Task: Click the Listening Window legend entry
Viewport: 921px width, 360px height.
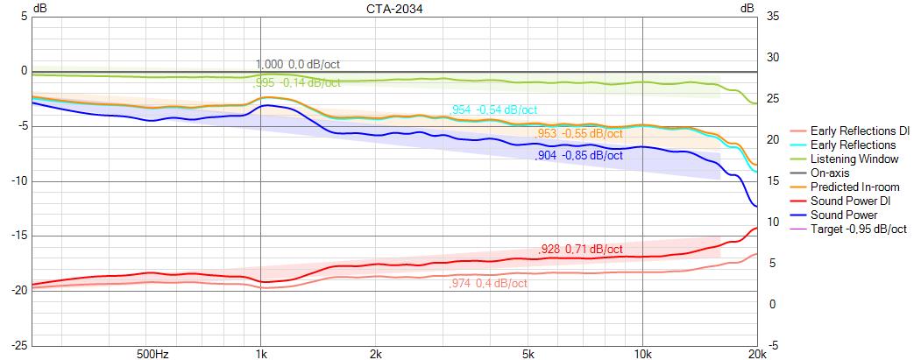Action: pos(854,159)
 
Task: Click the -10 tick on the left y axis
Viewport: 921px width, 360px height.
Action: pos(18,181)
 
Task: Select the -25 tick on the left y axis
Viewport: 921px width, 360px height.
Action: pos(18,345)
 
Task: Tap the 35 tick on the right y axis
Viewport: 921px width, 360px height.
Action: pos(772,17)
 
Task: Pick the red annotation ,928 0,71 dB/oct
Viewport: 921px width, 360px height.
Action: pos(579,251)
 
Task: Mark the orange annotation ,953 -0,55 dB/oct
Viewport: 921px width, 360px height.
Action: pos(579,134)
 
